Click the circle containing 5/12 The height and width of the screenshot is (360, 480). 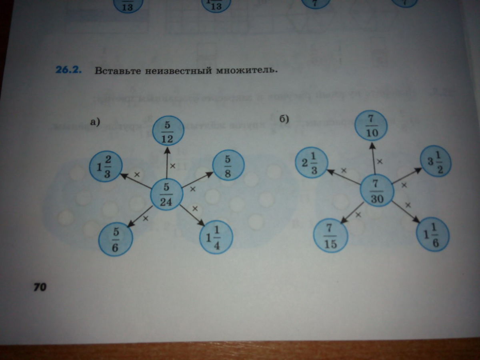click(x=167, y=130)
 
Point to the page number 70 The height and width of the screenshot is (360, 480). click(x=40, y=287)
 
